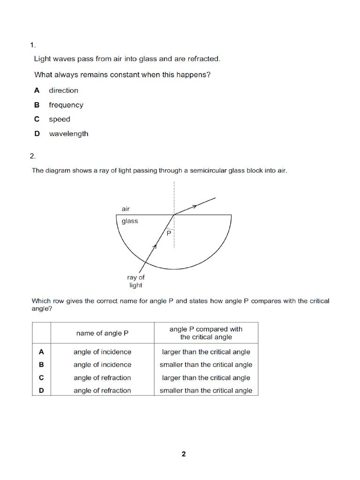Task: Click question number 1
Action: point(32,45)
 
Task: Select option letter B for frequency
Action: point(37,105)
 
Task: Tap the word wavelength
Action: point(68,134)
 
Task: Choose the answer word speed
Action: point(60,119)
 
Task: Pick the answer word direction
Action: point(63,90)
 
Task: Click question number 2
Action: point(32,156)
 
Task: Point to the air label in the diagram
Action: point(126,209)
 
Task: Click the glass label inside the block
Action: point(130,221)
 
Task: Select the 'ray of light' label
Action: point(135,281)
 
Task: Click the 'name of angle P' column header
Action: point(102,333)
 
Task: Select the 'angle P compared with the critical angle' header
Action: point(206,333)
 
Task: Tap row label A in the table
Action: point(41,352)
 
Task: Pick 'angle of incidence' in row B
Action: point(102,365)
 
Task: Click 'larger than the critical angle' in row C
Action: point(206,378)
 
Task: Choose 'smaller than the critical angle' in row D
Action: point(206,390)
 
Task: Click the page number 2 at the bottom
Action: point(184,454)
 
